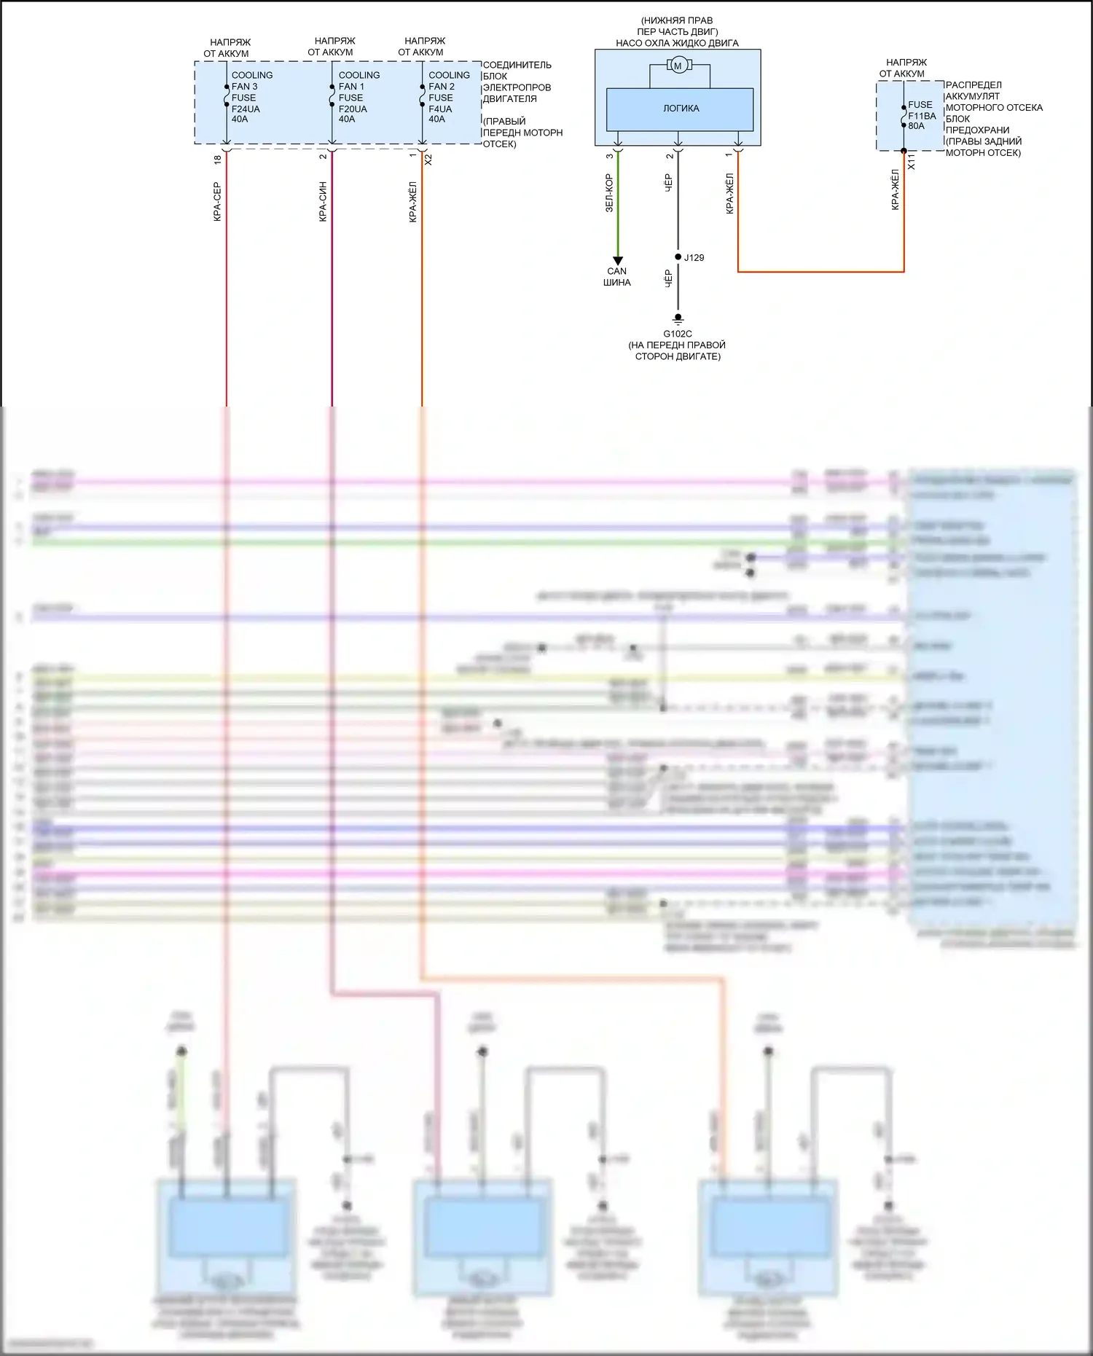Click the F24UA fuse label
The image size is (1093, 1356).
[246, 109]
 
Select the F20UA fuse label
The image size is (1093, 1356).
[353, 109]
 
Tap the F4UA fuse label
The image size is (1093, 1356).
[440, 109]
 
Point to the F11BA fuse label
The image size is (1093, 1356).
[922, 116]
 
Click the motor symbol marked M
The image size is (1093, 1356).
[678, 66]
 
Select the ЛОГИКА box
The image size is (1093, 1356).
[680, 109]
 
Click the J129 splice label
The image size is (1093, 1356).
[694, 258]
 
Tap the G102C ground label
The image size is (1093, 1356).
[678, 334]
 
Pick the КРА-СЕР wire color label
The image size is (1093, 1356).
[216, 202]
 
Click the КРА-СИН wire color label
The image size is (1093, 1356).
[323, 202]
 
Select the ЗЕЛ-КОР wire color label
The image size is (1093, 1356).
[609, 193]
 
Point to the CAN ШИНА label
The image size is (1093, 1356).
[617, 277]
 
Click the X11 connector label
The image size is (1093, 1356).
[911, 162]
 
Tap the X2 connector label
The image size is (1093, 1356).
[428, 159]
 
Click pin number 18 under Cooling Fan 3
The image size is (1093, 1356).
[217, 159]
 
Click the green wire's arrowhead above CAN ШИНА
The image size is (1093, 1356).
[618, 261]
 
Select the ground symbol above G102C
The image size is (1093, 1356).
[678, 319]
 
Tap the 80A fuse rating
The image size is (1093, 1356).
[916, 126]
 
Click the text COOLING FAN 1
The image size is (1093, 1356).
[358, 80]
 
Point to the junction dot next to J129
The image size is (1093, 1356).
[678, 257]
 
